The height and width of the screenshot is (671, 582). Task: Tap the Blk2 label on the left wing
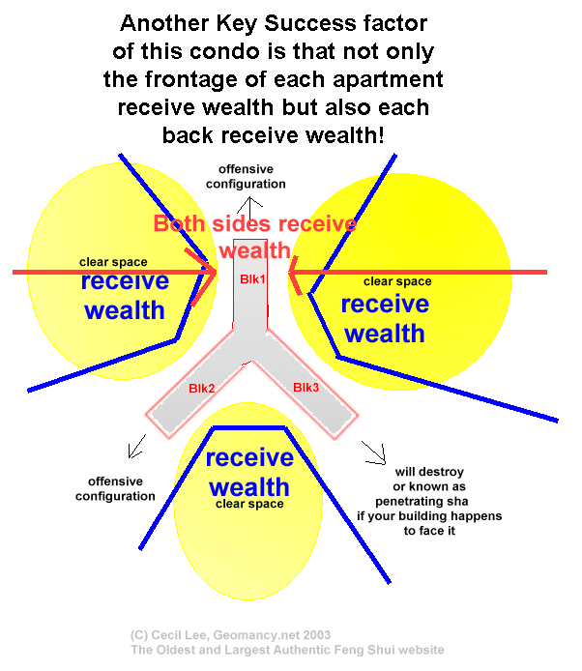(203, 389)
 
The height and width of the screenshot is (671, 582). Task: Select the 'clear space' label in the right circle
(396, 281)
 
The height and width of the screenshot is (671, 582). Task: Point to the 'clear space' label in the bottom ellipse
(249, 504)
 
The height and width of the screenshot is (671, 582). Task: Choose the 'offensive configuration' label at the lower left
(121, 489)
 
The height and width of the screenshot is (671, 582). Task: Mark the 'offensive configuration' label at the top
(251, 176)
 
